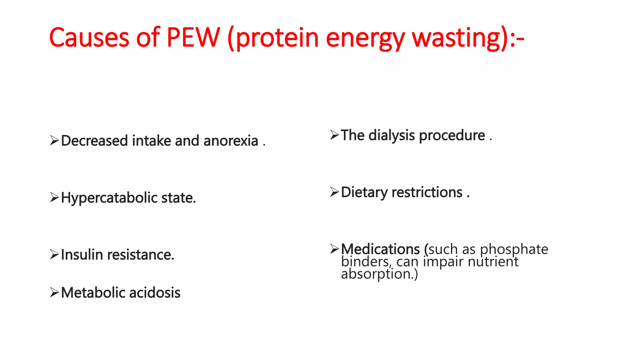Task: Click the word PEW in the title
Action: click(x=193, y=37)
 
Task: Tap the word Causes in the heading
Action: click(x=89, y=37)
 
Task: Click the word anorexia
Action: click(x=231, y=141)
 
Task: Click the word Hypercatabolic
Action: click(x=109, y=198)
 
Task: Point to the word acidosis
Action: click(x=155, y=293)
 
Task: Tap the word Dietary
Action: click(x=364, y=192)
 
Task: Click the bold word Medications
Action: click(x=380, y=249)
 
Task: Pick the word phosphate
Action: click(x=514, y=249)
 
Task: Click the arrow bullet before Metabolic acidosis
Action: click(x=54, y=292)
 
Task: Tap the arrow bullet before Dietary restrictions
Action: click(x=334, y=192)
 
